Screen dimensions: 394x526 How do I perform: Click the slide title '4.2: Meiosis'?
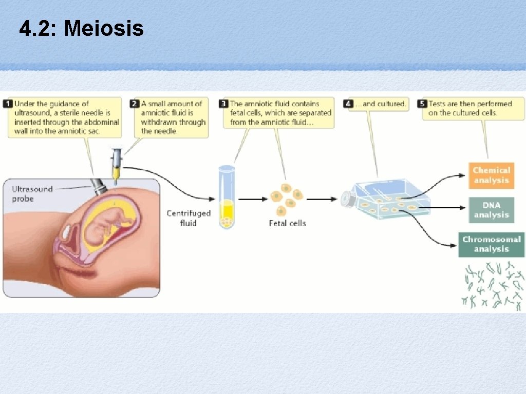click(81, 29)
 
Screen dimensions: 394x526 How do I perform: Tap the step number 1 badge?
click(8, 104)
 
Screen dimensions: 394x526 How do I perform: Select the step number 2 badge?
click(135, 104)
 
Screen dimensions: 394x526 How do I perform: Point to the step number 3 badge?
click(223, 104)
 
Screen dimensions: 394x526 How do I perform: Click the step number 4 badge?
click(348, 104)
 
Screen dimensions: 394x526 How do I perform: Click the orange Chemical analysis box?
click(491, 175)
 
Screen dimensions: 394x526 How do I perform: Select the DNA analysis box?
click(491, 210)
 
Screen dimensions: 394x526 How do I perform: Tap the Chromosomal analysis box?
click(491, 244)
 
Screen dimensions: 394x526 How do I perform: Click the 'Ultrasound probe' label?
click(32, 193)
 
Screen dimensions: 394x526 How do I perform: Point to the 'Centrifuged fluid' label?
click(188, 218)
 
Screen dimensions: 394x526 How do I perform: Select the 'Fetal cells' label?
click(287, 223)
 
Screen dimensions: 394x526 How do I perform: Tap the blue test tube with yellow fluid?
click(226, 198)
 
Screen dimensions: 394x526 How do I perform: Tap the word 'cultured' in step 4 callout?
click(391, 104)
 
